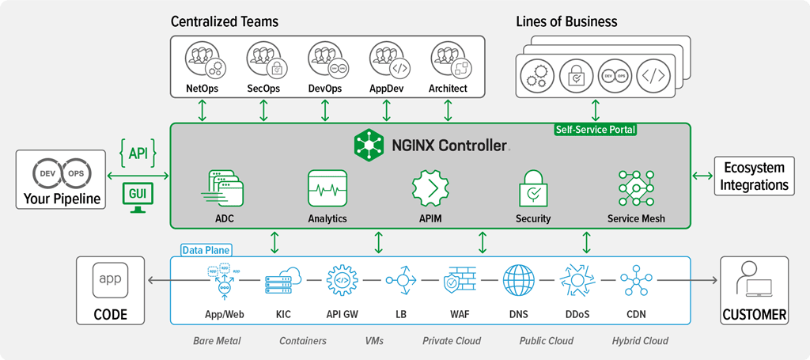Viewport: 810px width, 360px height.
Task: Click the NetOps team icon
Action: click(202, 61)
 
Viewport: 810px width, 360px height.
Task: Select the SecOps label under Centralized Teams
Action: click(263, 89)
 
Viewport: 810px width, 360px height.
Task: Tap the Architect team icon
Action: click(448, 61)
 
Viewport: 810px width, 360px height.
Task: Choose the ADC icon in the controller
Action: click(225, 188)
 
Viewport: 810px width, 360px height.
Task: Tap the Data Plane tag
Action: click(206, 250)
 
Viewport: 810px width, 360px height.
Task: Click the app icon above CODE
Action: click(110, 279)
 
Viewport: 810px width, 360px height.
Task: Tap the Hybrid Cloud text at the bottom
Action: click(639, 341)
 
